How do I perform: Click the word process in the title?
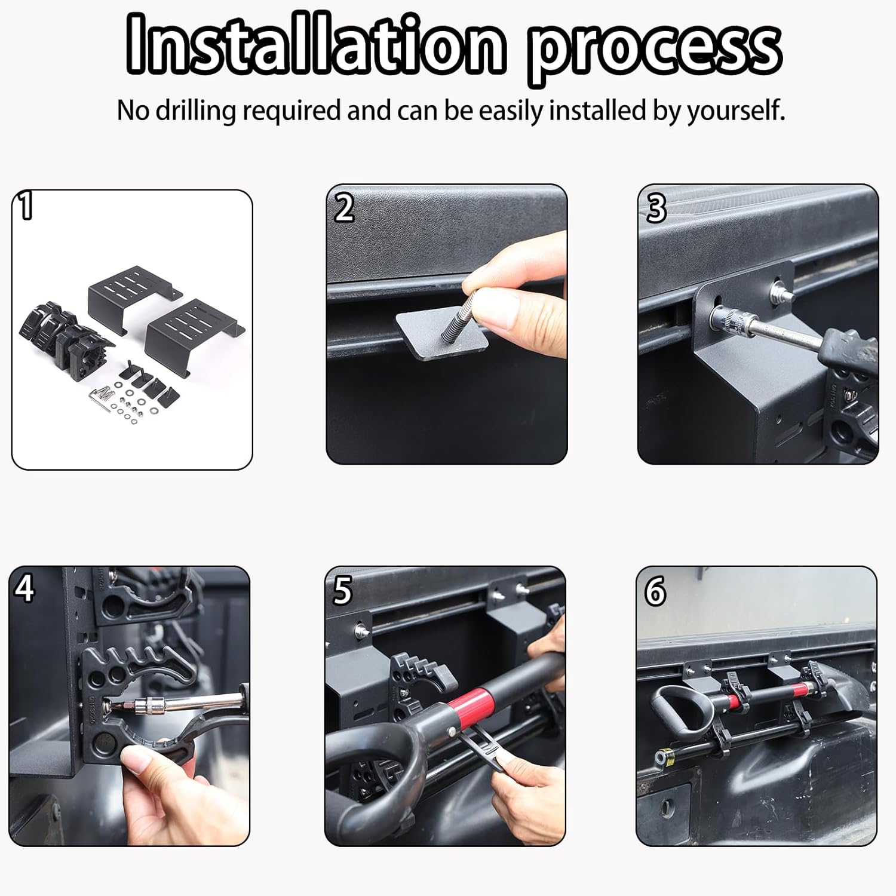click(654, 48)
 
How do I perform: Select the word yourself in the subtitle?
click(735, 111)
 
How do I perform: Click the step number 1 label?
click(25, 206)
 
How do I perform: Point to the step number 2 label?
click(343, 208)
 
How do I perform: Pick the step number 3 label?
click(656, 208)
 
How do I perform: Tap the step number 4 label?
click(25, 589)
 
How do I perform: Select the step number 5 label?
click(342, 590)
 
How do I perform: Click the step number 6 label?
click(655, 591)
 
